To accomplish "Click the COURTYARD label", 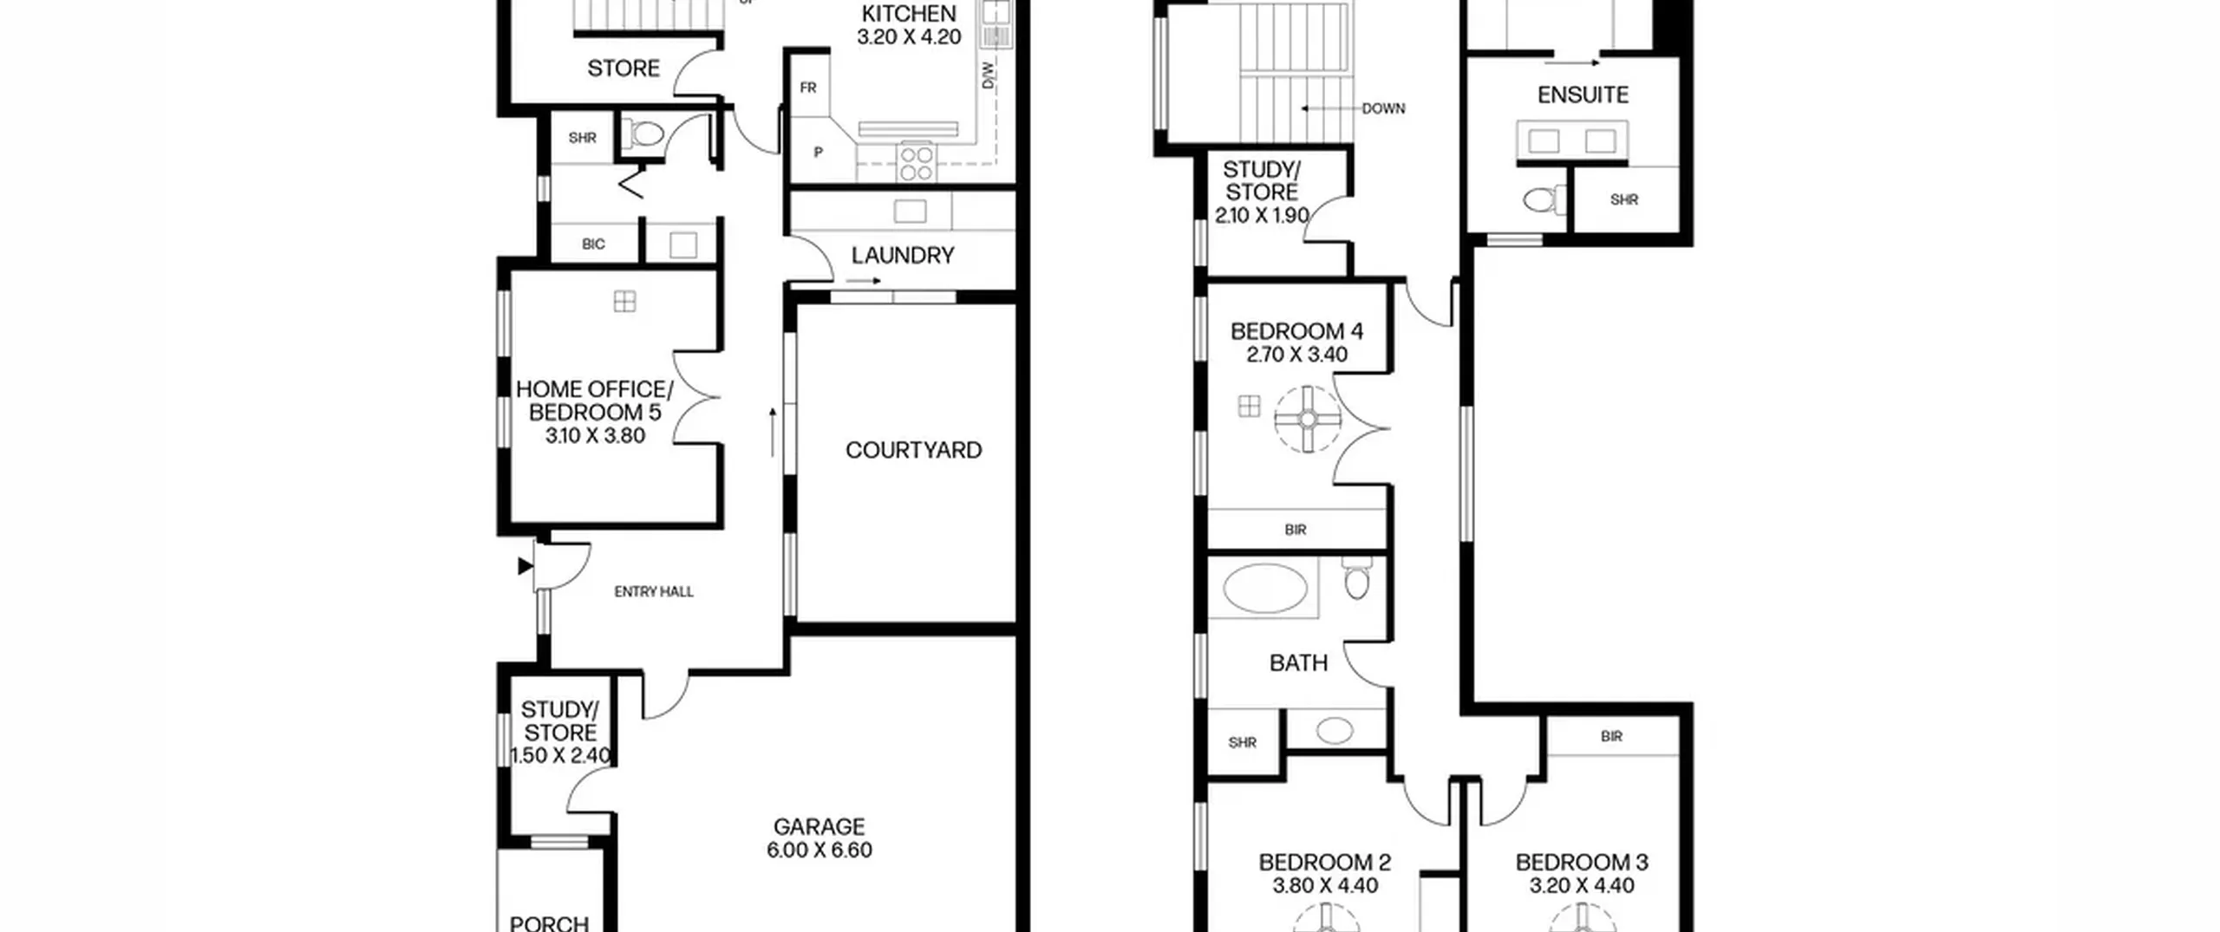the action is (x=913, y=450).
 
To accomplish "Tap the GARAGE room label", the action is (x=819, y=826).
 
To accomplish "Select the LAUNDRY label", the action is (x=903, y=255).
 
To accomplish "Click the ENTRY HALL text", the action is (x=654, y=591).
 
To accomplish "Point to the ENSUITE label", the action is (x=1583, y=95).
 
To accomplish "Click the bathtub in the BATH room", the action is (x=1264, y=589).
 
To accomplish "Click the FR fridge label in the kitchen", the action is (x=808, y=88).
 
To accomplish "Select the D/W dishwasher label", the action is (x=989, y=75).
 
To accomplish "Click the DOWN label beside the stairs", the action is (x=1383, y=108).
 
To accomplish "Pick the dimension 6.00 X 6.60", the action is (x=819, y=850).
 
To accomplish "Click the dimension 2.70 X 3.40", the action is (x=1296, y=354).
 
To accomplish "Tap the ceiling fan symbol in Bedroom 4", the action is (x=1308, y=420).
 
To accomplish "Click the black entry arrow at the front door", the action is (x=525, y=566).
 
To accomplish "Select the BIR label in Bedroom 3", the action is (x=1611, y=736).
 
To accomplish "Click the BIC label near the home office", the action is (x=593, y=244).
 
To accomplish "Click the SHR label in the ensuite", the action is (x=1624, y=199).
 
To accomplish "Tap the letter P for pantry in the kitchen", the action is (x=818, y=153).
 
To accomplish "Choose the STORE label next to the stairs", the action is (x=624, y=68).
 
